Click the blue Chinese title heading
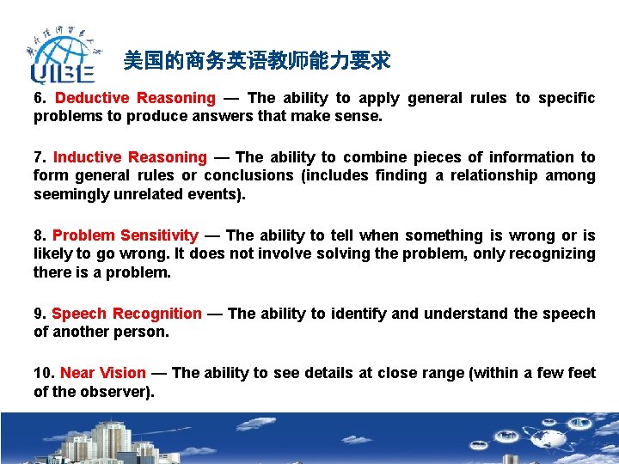point(256,60)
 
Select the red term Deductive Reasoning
point(135,98)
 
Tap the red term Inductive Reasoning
point(130,157)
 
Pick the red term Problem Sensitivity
point(125,235)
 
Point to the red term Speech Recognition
point(126,314)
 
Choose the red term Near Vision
point(103,373)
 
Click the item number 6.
point(39,98)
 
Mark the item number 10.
point(43,373)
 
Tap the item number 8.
point(39,235)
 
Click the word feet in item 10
point(580,373)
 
